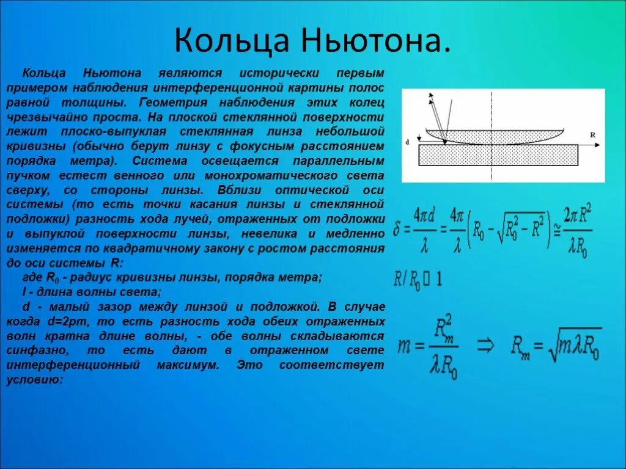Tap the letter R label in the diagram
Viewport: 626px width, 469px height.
(x=592, y=133)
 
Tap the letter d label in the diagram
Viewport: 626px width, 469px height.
(x=408, y=142)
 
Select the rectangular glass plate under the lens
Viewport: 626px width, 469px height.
(x=498, y=155)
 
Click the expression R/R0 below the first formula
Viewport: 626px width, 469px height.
(x=407, y=280)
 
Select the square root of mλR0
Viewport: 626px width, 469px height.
(x=572, y=346)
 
